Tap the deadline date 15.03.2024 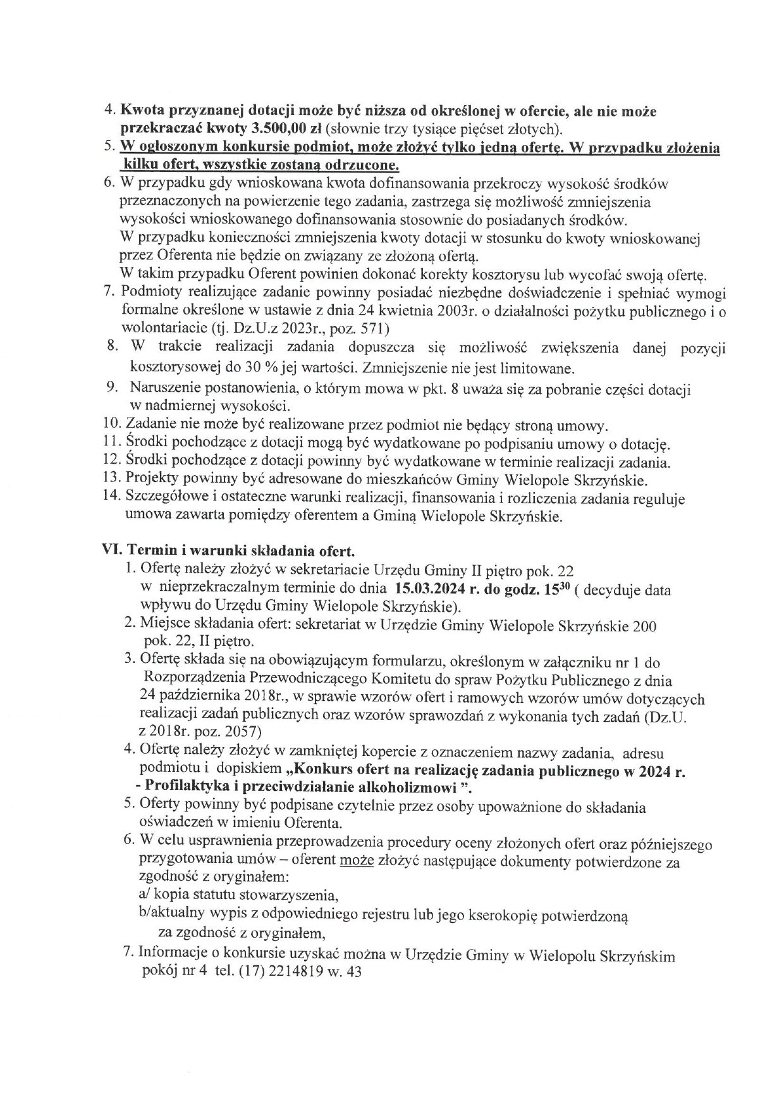click(x=427, y=590)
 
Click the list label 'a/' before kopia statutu click(x=144, y=896)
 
